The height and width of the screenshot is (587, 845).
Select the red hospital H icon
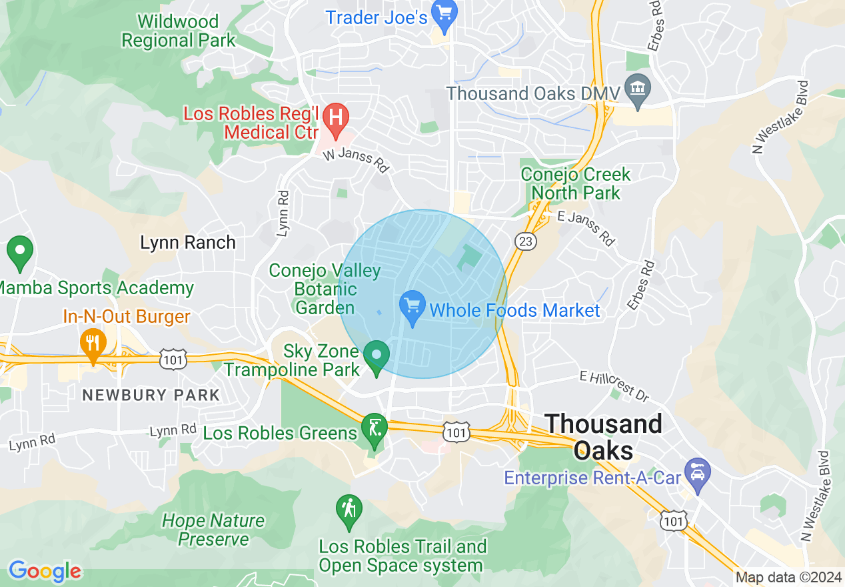click(x=336, y=117)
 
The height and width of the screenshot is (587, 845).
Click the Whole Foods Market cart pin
click(x=413, y=306)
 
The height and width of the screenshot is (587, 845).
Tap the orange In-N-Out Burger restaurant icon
click(x=93, y=342)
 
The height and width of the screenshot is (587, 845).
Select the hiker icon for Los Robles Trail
click(x=349, y=509)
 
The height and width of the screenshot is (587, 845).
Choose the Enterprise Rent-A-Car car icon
click(x=698, y=474)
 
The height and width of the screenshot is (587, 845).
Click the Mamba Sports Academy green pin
click(x=20, y=251)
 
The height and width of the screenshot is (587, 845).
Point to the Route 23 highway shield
click(x=526, y=241)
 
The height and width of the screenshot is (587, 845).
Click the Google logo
click(x=45, y=571)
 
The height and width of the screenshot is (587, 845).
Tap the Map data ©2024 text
click(x=789, y=578)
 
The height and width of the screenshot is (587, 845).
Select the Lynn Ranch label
click(x=188, y=242)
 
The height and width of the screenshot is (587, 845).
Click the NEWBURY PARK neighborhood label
click(x=151, y=395)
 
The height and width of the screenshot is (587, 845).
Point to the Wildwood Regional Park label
click(x=179, y=31)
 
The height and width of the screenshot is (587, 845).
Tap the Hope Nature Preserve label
click(x=213, y=530)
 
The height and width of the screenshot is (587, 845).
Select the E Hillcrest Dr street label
click(x=614, y=387)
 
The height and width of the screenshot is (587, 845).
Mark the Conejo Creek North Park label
click(x=575, y=183)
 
